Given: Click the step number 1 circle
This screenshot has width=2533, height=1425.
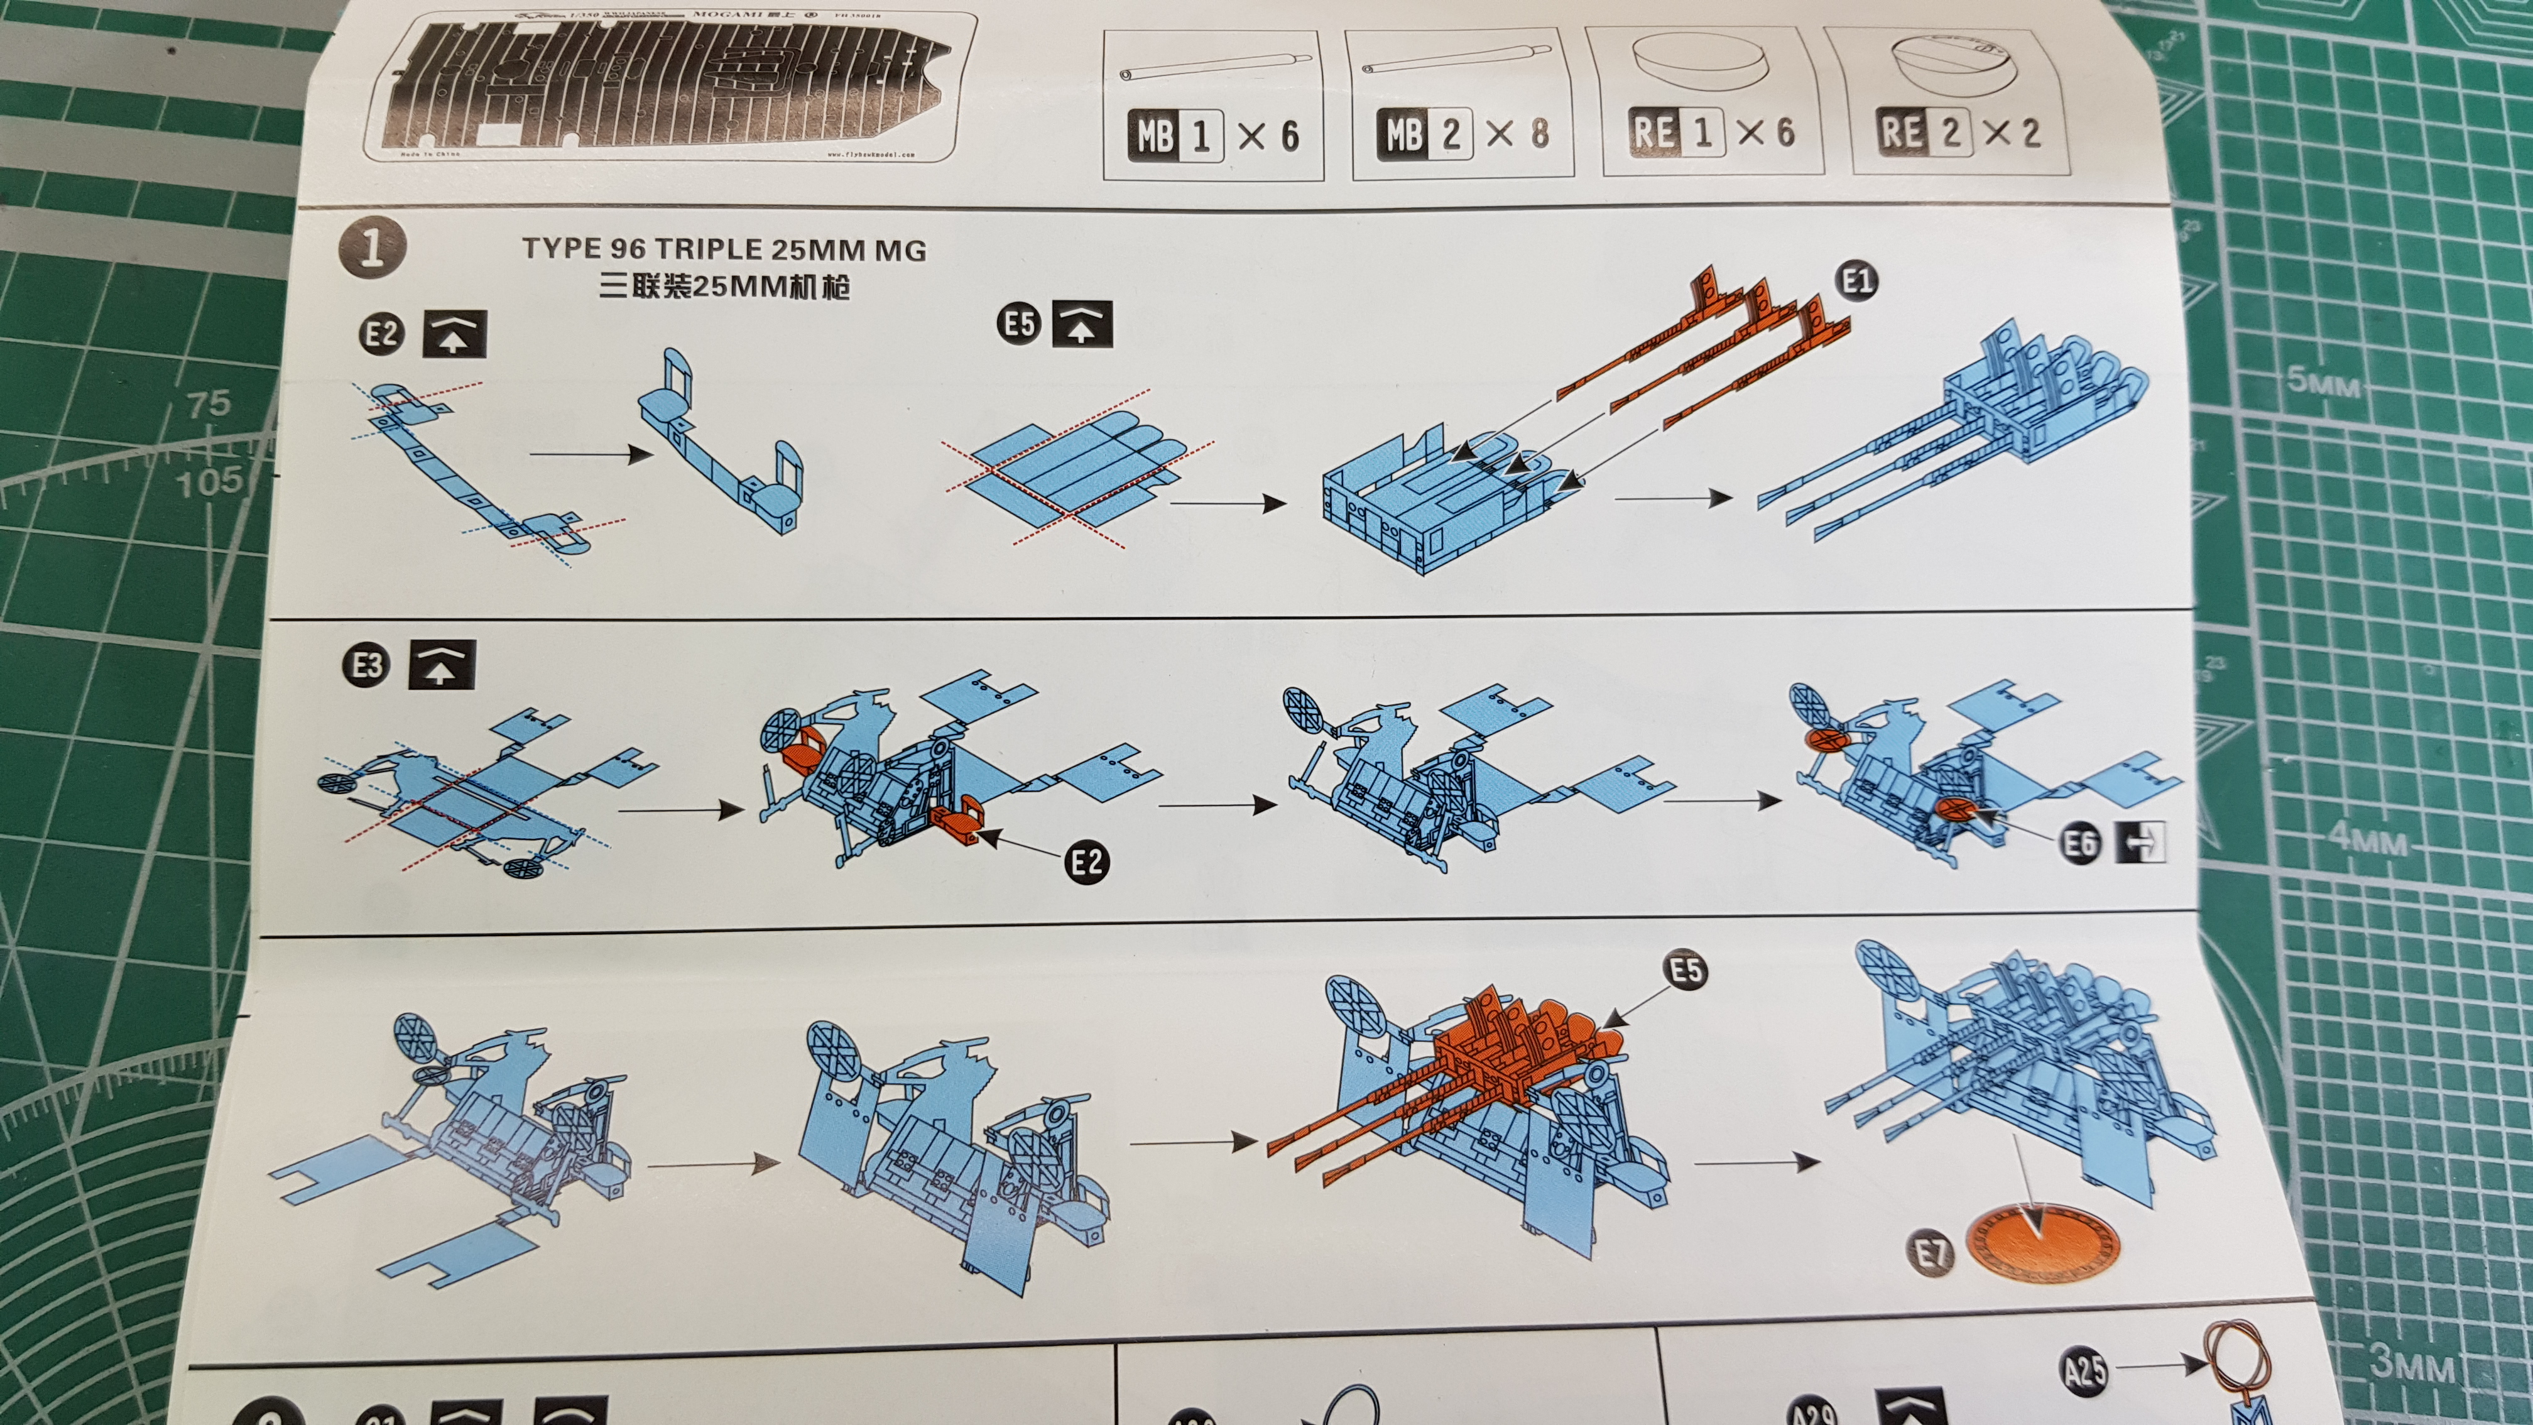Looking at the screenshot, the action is click(373, 247).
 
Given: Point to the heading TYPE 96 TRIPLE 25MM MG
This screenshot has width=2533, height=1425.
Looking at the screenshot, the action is click(724, 250).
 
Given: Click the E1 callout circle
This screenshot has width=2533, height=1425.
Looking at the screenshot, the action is click(1856, 282).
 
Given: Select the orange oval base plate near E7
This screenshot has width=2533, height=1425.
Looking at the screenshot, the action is click(2041, 1243).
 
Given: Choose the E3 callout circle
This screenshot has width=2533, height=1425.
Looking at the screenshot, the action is click(367, 666).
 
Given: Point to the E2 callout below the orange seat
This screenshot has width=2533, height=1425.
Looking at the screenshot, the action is click(1087, 863).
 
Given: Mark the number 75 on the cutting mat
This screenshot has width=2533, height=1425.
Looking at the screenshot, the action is click(209, 403).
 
